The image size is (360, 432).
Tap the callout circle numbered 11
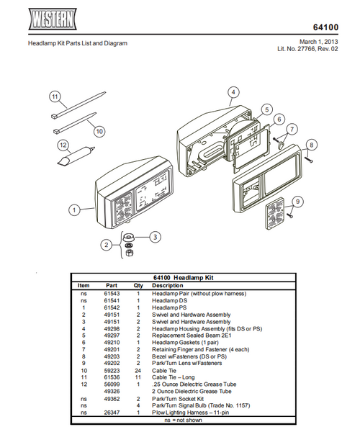(53, 96)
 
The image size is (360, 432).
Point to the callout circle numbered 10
(99, 131)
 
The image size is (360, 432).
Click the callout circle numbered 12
(63, 145)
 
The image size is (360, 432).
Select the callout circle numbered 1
(73, 210)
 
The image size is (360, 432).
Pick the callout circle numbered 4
(233, 92)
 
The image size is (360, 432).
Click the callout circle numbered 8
(310, 145)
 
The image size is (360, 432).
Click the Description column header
(167, 285)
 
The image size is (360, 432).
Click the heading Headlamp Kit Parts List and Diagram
(77, 43)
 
